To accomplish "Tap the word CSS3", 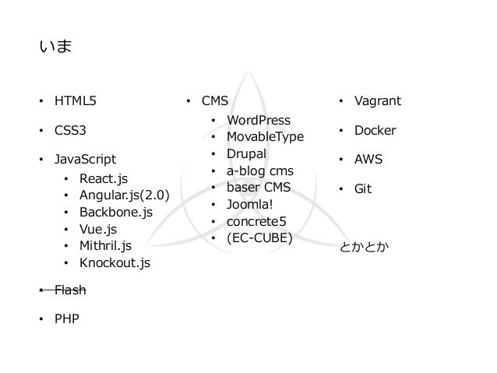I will [x=70, y=131].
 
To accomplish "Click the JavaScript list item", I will [x=84, y=160].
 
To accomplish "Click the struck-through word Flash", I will [x=69, y=290].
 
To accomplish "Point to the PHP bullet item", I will [x=65, y=318].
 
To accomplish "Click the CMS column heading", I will [x=215, y=102].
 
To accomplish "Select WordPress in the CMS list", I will [x=258, y=121].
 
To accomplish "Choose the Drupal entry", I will [x=246, y=153].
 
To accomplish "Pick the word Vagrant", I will [x=378, y=102].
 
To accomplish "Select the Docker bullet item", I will [x=375, y=131].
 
